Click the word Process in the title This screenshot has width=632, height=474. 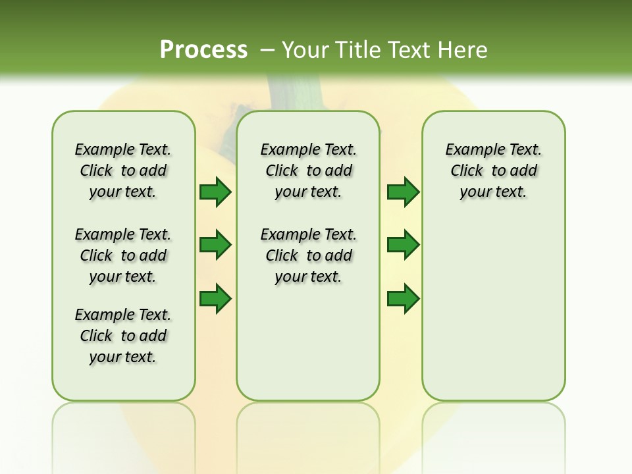pyautogui.click(x=203, y=49)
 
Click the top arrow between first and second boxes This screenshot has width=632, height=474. pyautogui.click(x=215, y=192)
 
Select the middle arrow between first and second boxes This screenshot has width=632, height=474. pyautogui.click(x=215, y=246)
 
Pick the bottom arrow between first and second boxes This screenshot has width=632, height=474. pyautogui.click(x=215, y=299)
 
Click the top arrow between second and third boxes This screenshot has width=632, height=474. pyautogui.click(x=403, y=192)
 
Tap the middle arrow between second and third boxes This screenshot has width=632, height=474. pyautogui.click(x=403, y=246)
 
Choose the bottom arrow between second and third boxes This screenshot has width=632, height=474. pyautogui.click(x=403, y=299)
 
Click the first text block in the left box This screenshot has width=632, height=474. pyautogui.click(x=123, y=171)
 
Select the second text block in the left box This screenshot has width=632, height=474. pyautogui.click(x=123, y=255)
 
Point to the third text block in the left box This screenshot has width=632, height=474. pyautogui.click(x=123, y=336)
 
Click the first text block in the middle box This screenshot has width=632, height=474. pyautogui.click(x=308, y=171)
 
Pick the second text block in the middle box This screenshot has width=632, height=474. pyautogui.click(x=308, y=255)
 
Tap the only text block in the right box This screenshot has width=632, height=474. pyautogui.click(x=493, y=171)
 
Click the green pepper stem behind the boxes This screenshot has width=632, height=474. pyautogui.click(x=300, y=92)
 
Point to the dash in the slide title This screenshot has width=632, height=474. pyautogui.click(x=267, y=49)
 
